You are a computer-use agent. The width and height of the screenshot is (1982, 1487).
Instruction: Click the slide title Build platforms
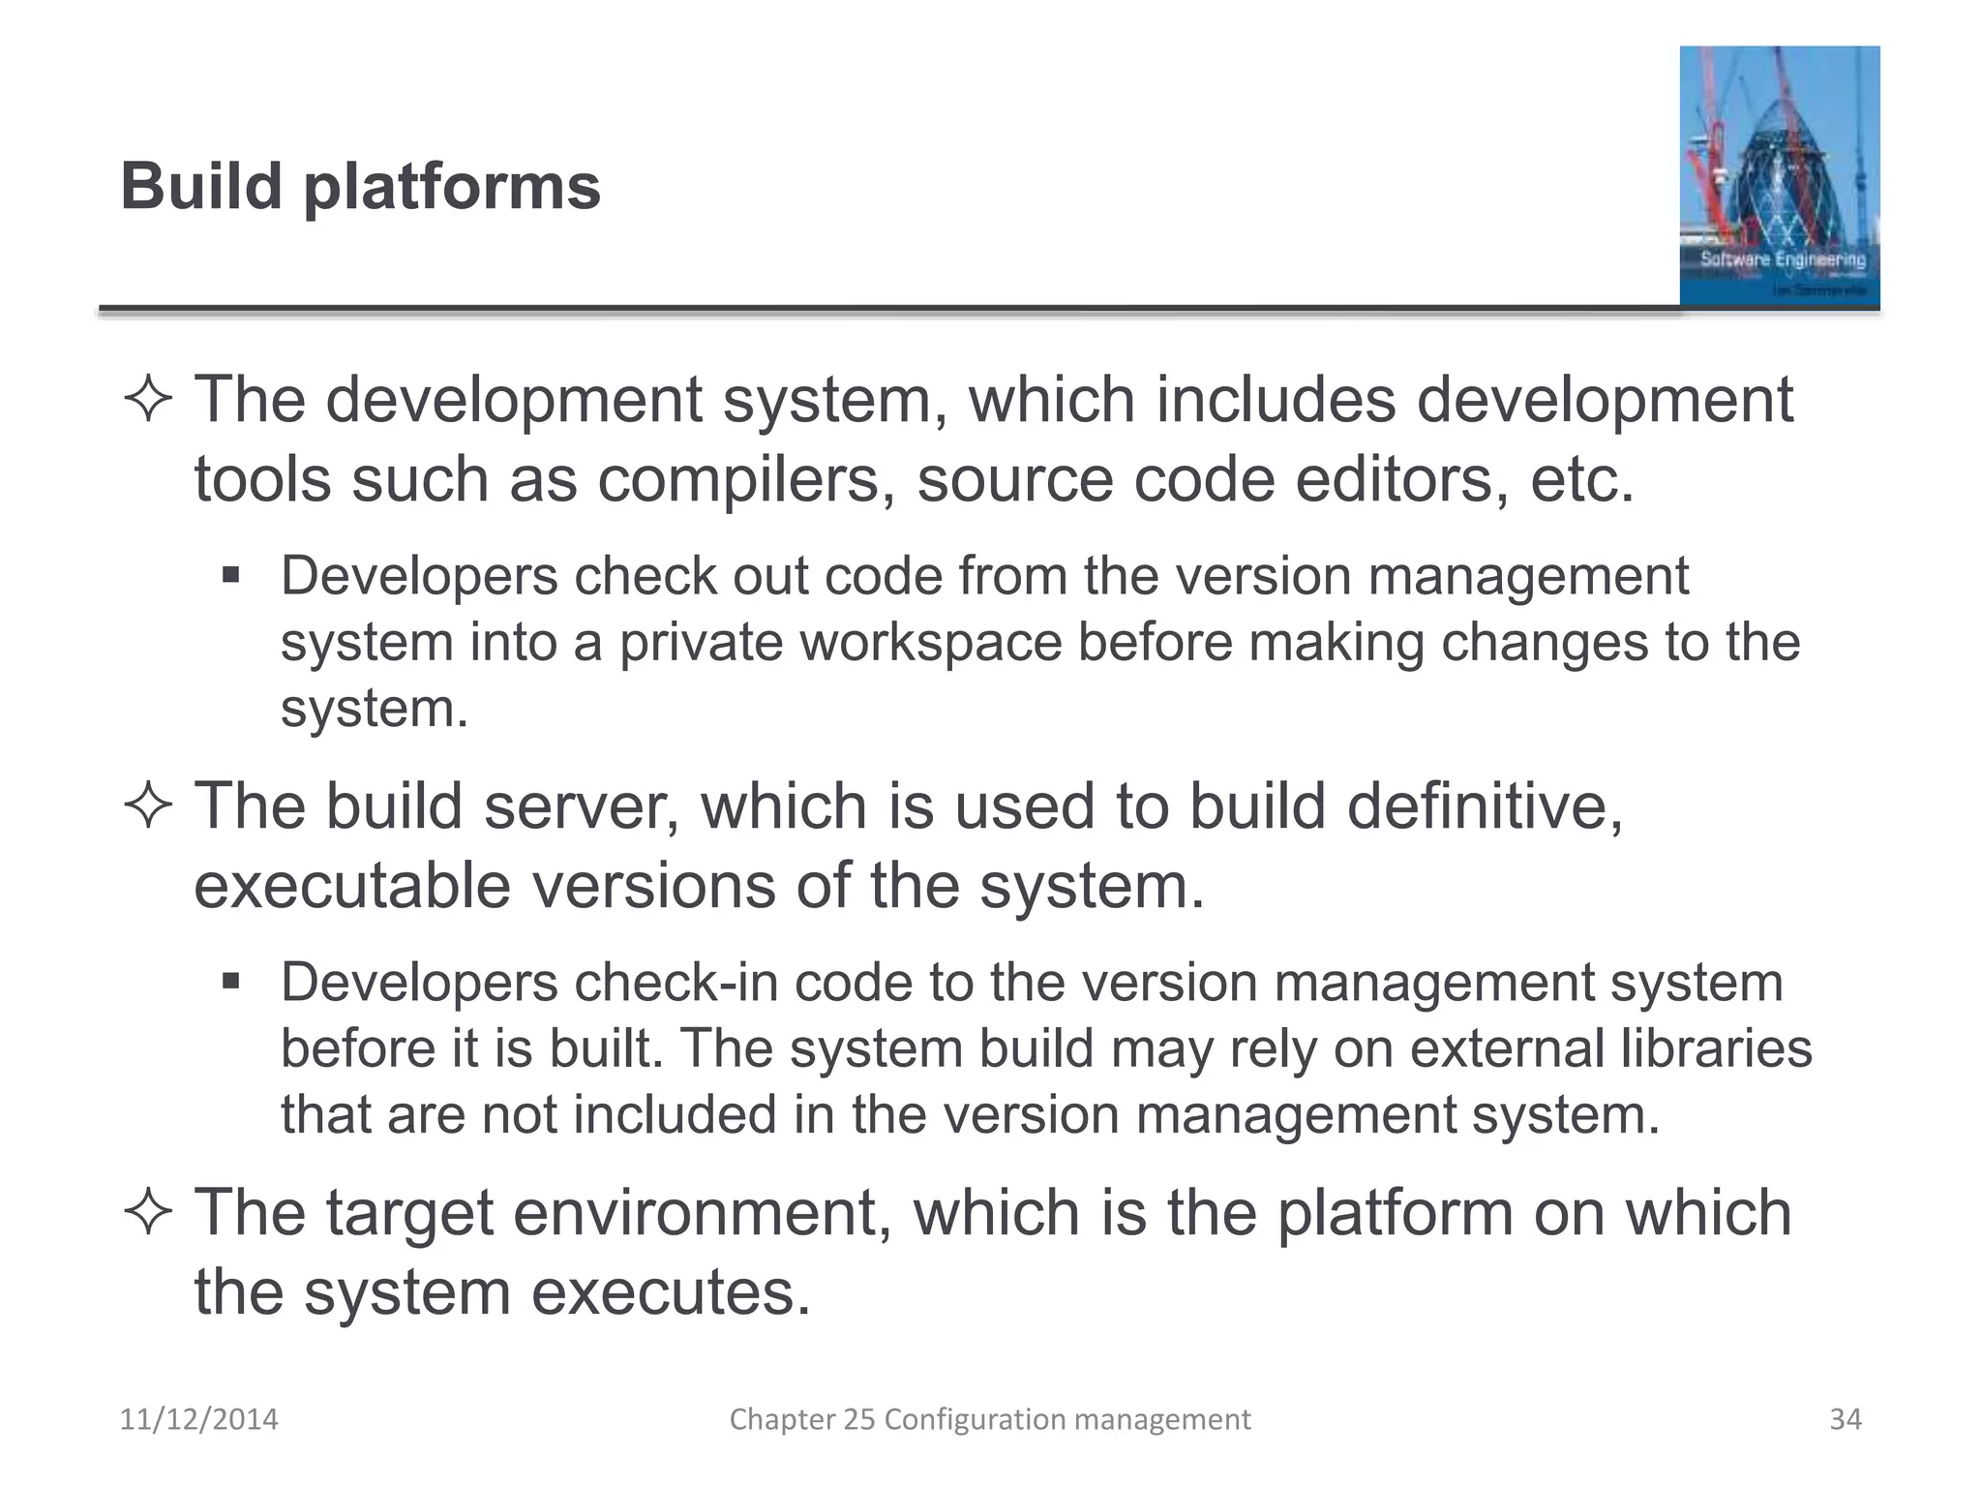point(360,186)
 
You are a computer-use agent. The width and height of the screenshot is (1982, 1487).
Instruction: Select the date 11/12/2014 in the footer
point(198,1419)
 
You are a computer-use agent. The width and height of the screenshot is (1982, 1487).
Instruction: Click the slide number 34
point(1845,1419)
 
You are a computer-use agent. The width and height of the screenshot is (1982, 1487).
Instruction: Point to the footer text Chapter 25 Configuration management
point(989,1419)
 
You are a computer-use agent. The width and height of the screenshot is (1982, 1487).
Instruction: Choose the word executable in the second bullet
point(352,886)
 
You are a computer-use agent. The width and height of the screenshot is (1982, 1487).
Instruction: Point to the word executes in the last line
point(671,1293)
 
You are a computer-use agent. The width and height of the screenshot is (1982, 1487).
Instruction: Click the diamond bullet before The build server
point(148,805)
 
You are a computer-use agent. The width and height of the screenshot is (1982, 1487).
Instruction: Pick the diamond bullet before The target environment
point(148,1212)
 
